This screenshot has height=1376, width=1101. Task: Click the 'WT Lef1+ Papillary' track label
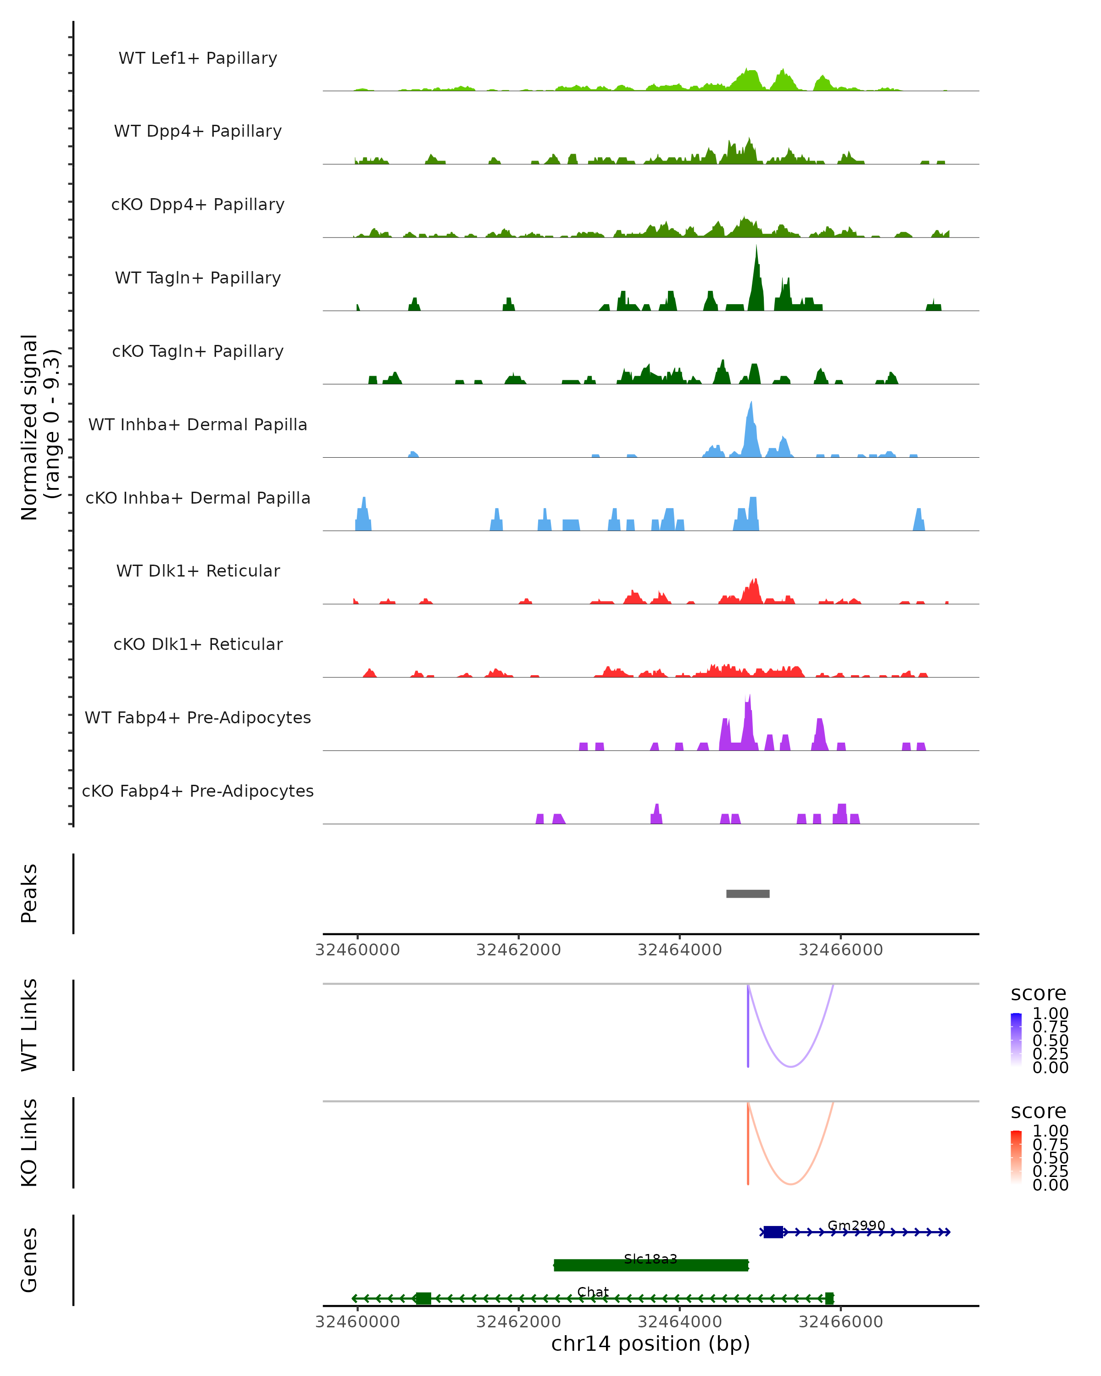pyautogui.click(x=198, y=58)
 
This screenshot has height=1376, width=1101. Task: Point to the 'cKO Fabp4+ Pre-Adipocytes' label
pyautogui.click(x=198, y=791)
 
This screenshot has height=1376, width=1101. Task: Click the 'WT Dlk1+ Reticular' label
pyautogui.click(x=198, y=571)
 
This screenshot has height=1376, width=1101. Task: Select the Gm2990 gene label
pyautogui.click(x=856, y=1226)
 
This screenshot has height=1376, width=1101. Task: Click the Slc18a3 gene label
pyautogui.click(x=651, y=1259)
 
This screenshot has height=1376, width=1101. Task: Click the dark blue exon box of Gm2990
pyautogui.click(x=773, y=1232)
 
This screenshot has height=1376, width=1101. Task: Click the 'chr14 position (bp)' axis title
pyautogui.click(x=651, y=1344)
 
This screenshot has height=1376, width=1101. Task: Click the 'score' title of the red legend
pyautogui.click(x=1039, y=1111)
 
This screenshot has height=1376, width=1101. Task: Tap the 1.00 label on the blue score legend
pyautogui.click(x=1051, y=1014)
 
